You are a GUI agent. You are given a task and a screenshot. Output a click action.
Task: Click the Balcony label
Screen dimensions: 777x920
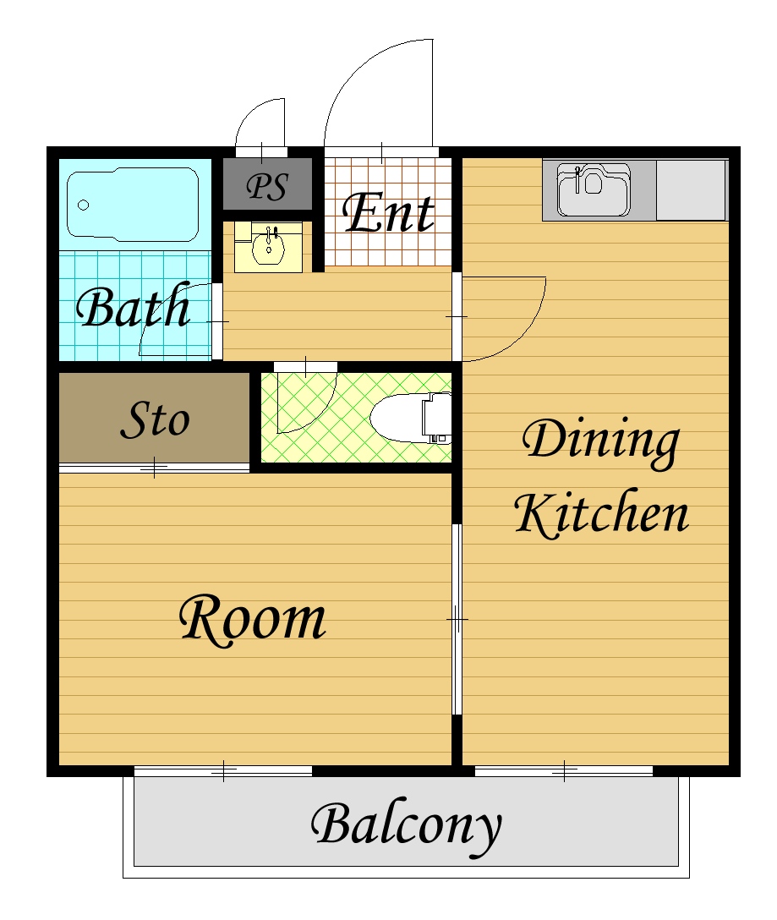(406, 827)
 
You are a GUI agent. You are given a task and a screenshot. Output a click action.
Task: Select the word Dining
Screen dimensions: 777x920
(601, 441)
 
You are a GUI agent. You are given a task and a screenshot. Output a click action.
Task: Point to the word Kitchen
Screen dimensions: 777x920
(601, 513)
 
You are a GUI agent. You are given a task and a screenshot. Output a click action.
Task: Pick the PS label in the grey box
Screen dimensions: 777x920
(267, 187)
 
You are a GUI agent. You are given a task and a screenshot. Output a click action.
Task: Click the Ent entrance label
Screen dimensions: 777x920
(388, 211)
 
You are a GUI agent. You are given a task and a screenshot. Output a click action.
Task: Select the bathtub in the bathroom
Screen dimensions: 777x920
(133, 204)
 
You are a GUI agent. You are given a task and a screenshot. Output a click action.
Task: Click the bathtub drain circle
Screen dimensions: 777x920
(84, 205)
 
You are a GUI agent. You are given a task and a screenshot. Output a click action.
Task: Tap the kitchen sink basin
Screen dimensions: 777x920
(594, 189)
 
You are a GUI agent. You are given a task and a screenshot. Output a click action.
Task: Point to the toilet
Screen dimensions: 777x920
(411, 418)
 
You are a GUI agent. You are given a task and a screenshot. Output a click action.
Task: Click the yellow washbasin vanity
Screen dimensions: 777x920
(268, 247)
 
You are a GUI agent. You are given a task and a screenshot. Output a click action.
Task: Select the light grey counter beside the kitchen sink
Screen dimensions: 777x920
(692, 190)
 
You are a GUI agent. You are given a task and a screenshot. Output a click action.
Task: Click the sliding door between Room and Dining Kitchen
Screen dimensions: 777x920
(457, 619)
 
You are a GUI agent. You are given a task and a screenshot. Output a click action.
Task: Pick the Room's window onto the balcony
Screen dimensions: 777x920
(223, 771)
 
